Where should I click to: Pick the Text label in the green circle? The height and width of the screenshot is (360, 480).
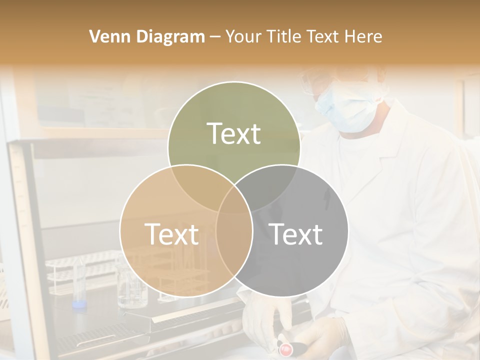[x=234, y=133]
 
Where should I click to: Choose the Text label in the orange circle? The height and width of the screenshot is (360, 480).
[x=171, y=234]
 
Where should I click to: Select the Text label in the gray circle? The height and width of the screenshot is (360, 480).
[x=295, y=234]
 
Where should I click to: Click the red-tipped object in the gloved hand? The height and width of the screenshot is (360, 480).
[x=285, y=348]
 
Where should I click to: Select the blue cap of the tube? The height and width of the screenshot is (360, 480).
[x=78, y=303]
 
